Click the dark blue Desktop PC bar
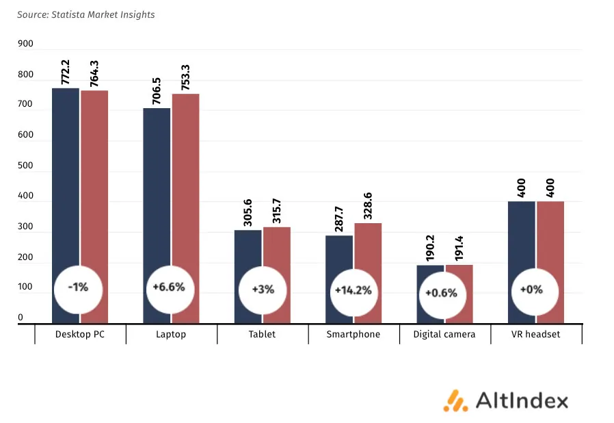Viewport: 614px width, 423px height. [66, 178]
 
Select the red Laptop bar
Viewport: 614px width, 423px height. [185, 178]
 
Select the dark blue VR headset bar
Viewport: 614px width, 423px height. [521, 240]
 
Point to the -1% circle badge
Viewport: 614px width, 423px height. [79, 287]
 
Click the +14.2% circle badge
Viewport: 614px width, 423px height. [353, 290]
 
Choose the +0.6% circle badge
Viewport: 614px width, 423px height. [441, 292]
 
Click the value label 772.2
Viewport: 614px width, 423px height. [66, 72]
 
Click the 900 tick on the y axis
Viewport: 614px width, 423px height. [25, 44]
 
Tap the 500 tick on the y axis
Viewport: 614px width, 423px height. [25, 166]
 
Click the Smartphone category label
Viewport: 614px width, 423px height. [353, 335]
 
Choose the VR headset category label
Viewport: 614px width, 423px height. [535, 335]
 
